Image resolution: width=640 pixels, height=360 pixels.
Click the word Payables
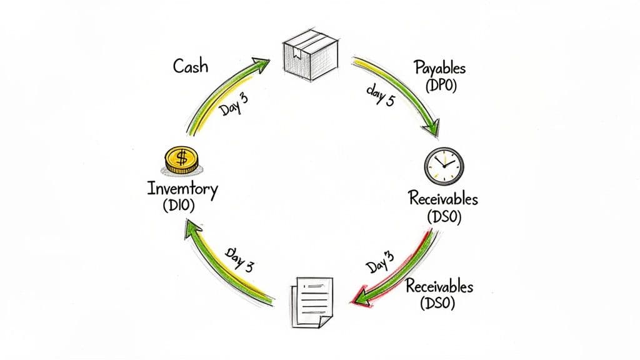coord(441,68)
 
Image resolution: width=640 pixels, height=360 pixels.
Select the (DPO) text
coord(441,86)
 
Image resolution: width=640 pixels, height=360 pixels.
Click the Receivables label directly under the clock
coord(443,199)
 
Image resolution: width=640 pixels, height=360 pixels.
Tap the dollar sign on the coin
coord(181,157)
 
